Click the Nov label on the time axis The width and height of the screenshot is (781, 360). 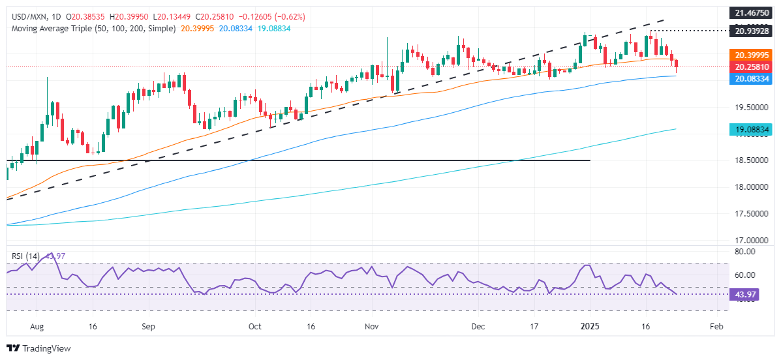click(x=373, y=325)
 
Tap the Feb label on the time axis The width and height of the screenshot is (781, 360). click(x=716, y=325)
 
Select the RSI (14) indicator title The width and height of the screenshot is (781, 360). click(x=23, y=256)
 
